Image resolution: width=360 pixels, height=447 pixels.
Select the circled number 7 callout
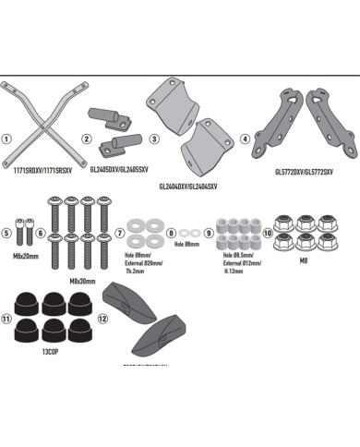click(x=121, y=235)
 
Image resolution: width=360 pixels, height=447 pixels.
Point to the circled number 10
click(x=268, y=235)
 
